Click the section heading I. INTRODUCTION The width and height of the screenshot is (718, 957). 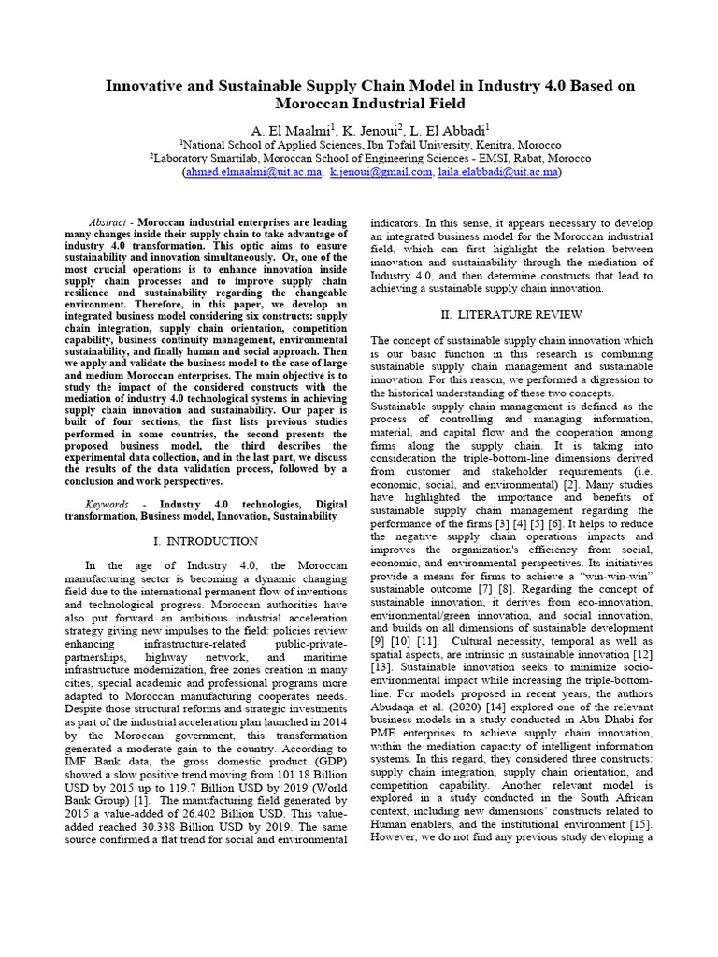tap(205, 541)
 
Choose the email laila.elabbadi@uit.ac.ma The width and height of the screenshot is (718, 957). tap(497, 172)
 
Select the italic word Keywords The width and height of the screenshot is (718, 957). tap(107, 504)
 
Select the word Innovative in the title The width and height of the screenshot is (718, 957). tap(150, 86)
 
